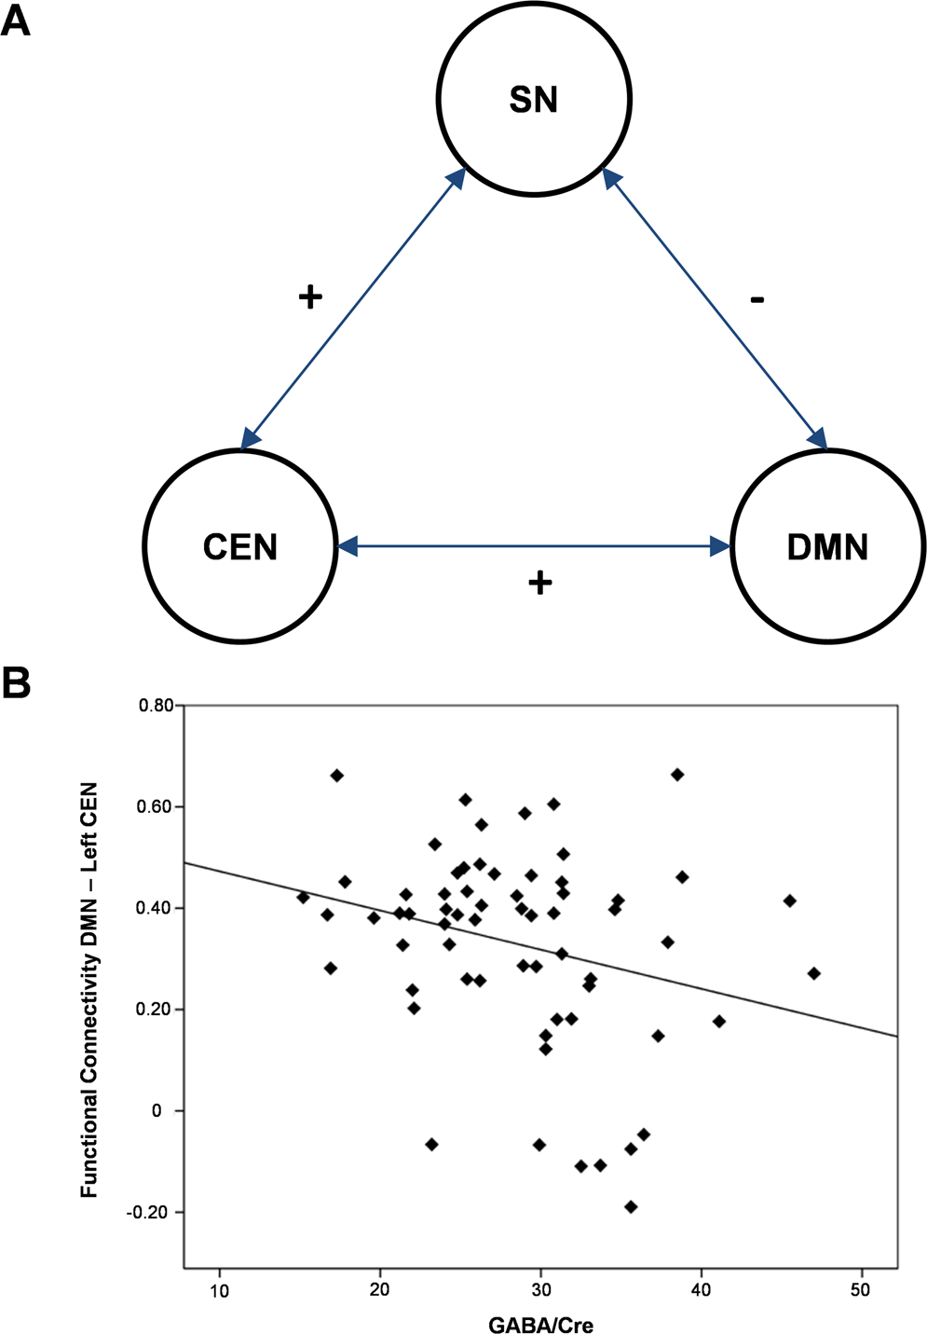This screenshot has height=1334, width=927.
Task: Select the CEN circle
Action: pyautogui.click(x=240, y=546)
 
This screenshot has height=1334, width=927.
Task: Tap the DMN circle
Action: pyautogui.click(x=827, y=546)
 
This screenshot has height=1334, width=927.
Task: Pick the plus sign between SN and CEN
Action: pyautogui.click(x=309, y=297)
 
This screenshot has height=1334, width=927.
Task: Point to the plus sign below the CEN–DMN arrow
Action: pyautogui.click(x=540, y=584)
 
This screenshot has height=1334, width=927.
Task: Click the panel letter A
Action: pyautogui.click(x=16, y=21)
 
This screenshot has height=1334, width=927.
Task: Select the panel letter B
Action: pyautogui.click(x=16, y=683)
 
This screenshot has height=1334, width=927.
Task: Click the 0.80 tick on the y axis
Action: pyautogui.click(x=156, y=706)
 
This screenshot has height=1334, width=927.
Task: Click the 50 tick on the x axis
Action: pyautogui.click(x=861, y=1290)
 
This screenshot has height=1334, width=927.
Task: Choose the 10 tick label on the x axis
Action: pyautogui.click(x=219, y=1290)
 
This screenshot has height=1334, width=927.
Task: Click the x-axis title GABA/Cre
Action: pyautogui.click(x=541, y=1324)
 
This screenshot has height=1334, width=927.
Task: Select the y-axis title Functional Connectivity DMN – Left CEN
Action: pyautogui.click(x=89, y=990)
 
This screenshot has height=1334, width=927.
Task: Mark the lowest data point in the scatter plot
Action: pyautogui.click(x=631, y=1206)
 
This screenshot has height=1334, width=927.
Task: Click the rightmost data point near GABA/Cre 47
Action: pyautogui.click(x=814, y=973)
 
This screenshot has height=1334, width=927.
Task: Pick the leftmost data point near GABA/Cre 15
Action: pyautogui.click(x=303, y=897)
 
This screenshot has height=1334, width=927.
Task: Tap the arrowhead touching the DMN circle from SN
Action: pyautogui.click(x=818, y=438)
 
